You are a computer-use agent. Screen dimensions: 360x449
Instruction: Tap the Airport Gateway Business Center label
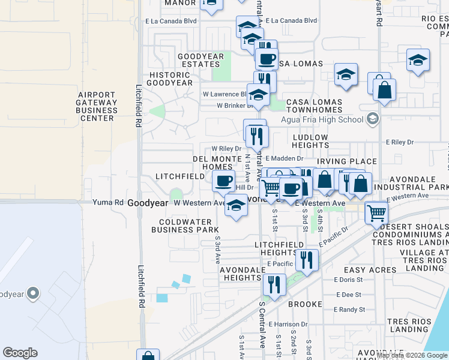[x=97, y=106]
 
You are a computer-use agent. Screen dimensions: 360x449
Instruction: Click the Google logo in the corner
[x=20, y=353]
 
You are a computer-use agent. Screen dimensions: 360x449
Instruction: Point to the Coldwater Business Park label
[x=185, y=225]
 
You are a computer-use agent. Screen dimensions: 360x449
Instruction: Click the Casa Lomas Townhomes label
[x=314, y=106]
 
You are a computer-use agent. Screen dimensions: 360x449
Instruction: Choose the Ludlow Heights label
[x=310, y=141]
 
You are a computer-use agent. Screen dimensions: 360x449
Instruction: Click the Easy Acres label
[x=370, y=270]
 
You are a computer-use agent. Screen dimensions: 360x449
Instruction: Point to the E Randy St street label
[x=350, y=310]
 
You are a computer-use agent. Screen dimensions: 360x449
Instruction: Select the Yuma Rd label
[x=107, y=203]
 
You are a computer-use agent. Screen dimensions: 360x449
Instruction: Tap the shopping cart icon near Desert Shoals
[x=376, y=212]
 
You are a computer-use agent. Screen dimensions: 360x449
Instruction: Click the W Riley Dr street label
[x=226, y=148]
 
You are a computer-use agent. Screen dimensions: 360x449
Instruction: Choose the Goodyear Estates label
[x=200, y=60]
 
